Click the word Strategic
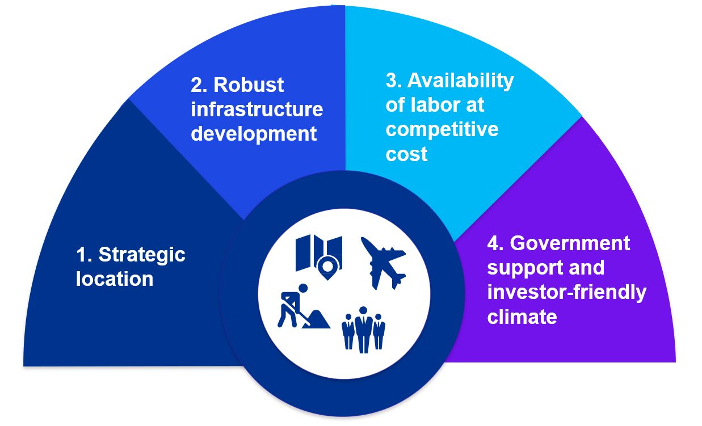142,255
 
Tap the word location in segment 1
115,279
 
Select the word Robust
249,85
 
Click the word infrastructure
257,109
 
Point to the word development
254,134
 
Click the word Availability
460,81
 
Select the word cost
406,154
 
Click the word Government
570,243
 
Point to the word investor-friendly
566,293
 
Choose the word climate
522,317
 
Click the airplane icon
383,263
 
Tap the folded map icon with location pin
319,257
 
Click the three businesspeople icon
364,330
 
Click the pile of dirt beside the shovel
316,319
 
